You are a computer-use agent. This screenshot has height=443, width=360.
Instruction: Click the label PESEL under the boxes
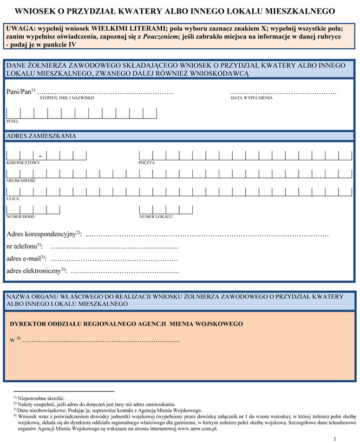click(x=12, y=121)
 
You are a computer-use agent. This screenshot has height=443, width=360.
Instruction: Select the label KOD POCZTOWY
click(x=23, y=162)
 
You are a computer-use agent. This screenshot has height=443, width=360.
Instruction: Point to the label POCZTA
click(x=147, y=162)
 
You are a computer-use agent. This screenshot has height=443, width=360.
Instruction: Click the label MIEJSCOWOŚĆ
click(x=21, y=180)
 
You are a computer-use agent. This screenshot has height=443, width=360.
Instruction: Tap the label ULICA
click(x=13, y=198)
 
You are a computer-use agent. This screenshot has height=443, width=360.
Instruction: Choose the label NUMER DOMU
click(x=21, y=217)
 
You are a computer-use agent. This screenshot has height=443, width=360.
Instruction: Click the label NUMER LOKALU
click(x=156, y=217)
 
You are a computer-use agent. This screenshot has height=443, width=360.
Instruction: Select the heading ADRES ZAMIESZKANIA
click(x=41, y=136)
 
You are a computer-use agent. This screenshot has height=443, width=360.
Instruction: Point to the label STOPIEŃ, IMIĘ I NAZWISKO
click(x=67, y=99)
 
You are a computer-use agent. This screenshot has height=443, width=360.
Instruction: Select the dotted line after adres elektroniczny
click(x=125, y=270)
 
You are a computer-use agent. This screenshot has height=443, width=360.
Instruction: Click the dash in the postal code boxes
click(x=40, y=156)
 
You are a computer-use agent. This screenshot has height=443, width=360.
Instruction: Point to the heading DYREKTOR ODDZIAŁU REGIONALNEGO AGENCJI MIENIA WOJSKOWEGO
click(x=127, y=324)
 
